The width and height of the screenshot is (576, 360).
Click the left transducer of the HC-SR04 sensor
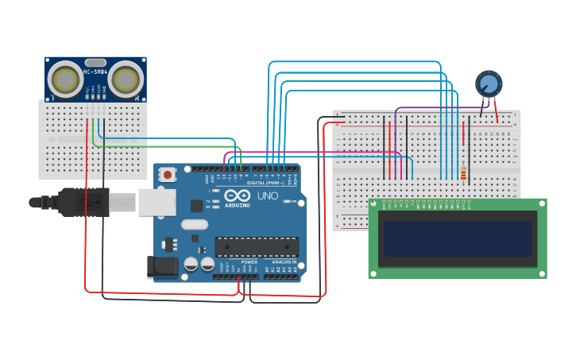click(x=64, y=79)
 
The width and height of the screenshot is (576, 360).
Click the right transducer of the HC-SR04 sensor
click(x=126, y=79)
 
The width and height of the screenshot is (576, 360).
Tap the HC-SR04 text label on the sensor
click(x=95, y=72)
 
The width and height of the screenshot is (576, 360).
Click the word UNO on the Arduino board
click(x=267, y=195)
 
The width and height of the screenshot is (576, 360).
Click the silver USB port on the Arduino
click(x=157, y=202)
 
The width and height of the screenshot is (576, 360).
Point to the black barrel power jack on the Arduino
click(x=164, y=268)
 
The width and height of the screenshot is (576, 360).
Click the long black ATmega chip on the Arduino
click(x=257, y=247)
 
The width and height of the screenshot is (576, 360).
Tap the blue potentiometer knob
click(x=489, y=83)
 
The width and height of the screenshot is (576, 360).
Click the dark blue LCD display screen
click(x=458, y=238)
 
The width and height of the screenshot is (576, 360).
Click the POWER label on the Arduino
click(x=249, y=261)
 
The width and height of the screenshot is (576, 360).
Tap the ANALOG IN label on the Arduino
click(x=284, y=261)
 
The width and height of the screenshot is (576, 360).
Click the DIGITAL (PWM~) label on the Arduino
click(x=265, y=182)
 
